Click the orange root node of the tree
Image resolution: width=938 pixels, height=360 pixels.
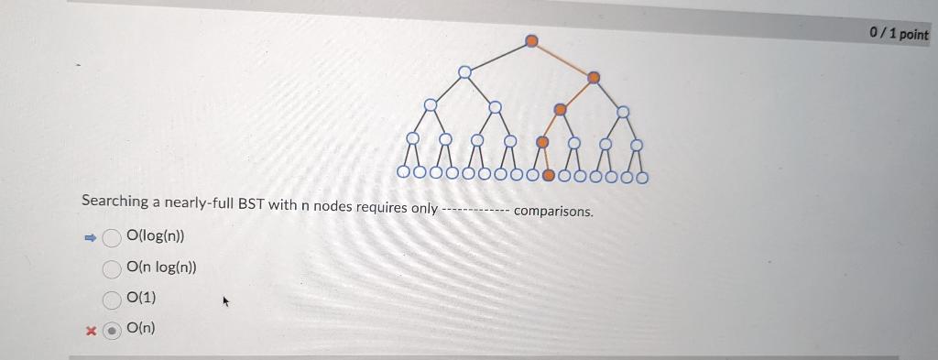[x=531, y=40]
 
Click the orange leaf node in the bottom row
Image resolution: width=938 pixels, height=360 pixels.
[x=549, y=174]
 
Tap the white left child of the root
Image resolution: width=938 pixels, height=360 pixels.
[x=465, y=71]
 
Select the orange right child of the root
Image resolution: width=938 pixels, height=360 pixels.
[x=594, y=77]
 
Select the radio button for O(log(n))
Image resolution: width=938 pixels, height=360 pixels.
[x=112, y=238]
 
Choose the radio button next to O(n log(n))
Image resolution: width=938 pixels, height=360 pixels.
[x=112, y=269]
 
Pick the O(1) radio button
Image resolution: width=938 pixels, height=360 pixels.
[x=112, y=300]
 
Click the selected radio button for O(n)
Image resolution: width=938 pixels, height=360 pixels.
[x=112, y=330]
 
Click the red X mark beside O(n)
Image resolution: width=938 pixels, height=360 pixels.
[x=90, y=330]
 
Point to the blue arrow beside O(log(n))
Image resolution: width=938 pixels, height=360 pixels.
[x=90, y=237]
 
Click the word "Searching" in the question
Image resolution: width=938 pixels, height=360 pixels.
[x=115, y=201]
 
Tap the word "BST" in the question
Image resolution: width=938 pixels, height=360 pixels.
[x=251, y=203]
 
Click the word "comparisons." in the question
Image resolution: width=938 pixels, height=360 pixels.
[x=553, y=211]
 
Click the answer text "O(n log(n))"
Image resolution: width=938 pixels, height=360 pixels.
[x=161, y=267]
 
